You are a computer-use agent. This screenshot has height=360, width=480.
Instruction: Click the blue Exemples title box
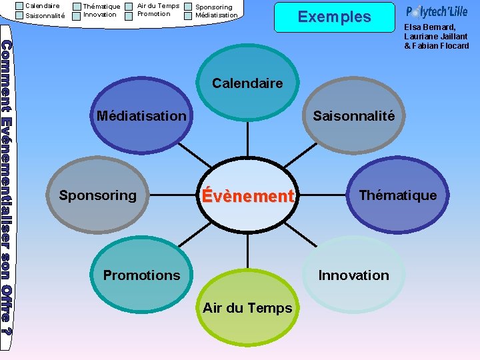click(x=334, y=17)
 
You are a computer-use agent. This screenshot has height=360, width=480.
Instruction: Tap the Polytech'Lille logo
click(x=437, y=12)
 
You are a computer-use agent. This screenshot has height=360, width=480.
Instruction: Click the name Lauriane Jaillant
click(x=436, y=37)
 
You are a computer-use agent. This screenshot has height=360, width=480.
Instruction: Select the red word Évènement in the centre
click(x=247, y=196)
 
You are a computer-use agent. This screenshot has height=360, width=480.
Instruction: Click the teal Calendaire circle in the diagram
click(x=247, y=84)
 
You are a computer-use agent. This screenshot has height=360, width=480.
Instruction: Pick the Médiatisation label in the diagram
click(x=141, y=116)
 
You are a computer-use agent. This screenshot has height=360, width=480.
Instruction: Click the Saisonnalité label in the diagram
click(x=354, y=116)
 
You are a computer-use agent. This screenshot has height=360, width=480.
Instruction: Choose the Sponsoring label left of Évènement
click(x=97, y=195)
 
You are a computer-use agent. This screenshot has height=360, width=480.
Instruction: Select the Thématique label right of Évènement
click(x=398, y=195)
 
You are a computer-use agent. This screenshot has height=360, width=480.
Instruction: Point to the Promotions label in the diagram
click(x=141, y=275)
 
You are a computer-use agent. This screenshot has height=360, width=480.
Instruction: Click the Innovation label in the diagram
click(x=354, y=275)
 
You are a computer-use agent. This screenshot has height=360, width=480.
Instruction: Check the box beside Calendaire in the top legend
click(x=19, y=5)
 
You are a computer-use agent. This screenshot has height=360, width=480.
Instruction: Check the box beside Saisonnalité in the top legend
click(x=19, y=15)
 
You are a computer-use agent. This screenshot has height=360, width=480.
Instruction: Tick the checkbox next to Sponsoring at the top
click(x=188, y=7)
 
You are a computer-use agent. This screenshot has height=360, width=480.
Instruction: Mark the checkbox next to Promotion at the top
click(x=129, y=15)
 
